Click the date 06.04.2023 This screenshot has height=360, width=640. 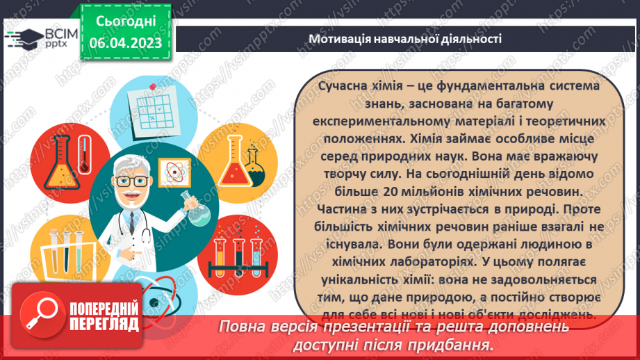pyautogui.click(x=126, y=43)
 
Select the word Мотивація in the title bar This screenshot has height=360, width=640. pyautogui.click(x=339, y=39)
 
